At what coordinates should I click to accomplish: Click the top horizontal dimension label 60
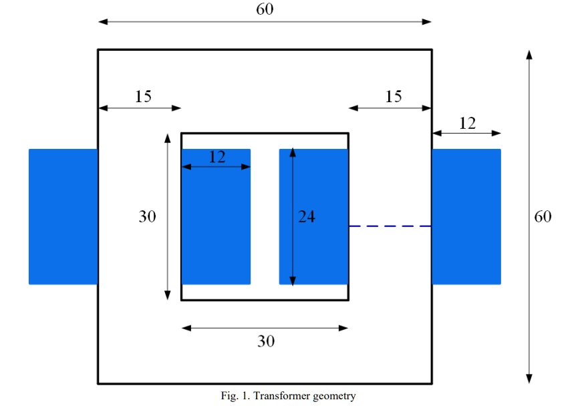click(265, 9)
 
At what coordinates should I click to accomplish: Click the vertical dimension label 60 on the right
click(543, 216)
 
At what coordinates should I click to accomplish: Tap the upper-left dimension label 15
click(143, 97)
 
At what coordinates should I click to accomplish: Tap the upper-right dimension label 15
click(394, 97)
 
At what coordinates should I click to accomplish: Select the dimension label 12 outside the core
click(467, 123)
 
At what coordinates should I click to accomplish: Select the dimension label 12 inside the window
click(216, 157)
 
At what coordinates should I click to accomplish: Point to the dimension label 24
click(306, 216)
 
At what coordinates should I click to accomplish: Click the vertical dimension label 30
click(147, 216)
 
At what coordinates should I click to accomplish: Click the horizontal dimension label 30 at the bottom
click(266, 341)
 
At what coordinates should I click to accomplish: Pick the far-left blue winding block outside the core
click(63, 216)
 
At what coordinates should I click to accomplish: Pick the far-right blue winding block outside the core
click(466, 216)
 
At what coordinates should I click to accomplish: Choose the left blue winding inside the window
click(216, 227)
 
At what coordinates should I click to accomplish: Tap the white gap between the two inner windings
click(265, 216)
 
